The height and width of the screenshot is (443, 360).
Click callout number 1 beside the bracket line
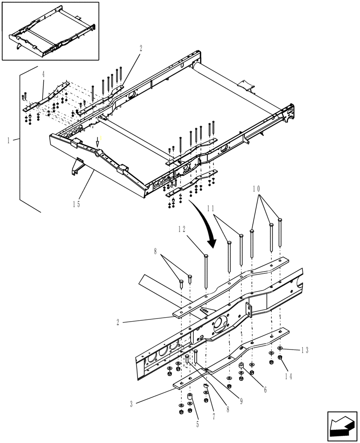pos(8,140)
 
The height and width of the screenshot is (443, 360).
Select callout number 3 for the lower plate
pos(131,404)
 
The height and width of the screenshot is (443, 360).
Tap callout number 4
pos(43,74)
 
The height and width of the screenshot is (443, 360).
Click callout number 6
pos(265,390)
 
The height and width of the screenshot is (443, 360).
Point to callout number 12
pos(182,229)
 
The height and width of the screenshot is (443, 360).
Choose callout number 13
pos(304,350)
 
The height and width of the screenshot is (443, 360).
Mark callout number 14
pos(289,376)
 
